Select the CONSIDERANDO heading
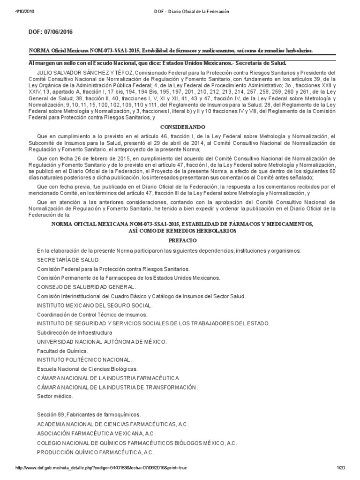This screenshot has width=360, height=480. tap(180, 127)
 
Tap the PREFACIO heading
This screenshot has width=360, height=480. tap(180, 240)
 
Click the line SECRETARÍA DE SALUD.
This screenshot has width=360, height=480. tap(68, 260)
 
